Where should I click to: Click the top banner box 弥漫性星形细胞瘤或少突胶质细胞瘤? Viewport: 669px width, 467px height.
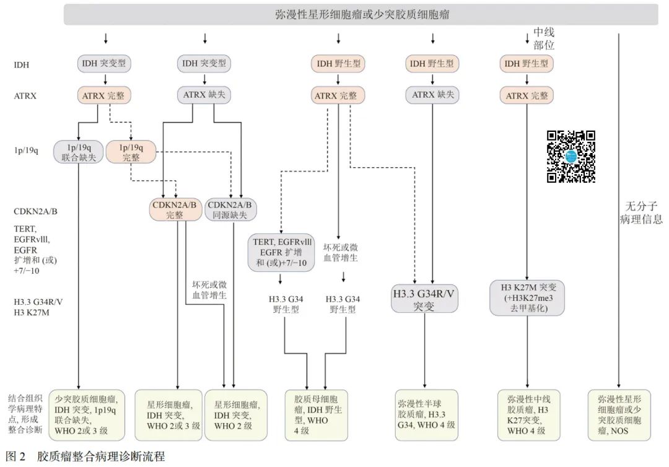click(x=361, y=14)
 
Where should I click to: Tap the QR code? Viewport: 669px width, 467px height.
click(x=571, y=157)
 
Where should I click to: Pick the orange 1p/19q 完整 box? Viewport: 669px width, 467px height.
click(x=131, y=152)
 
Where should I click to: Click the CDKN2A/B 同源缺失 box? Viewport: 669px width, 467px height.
click(x=232, y=210)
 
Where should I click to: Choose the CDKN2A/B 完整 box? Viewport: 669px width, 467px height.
click(x=175, y=210)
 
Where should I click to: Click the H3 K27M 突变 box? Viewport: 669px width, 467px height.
click(x=527, y=297)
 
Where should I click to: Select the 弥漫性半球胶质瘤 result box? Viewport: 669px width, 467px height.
click(x=426, y=414)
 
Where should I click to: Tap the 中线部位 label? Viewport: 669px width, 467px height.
click(x=543, y=38)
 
